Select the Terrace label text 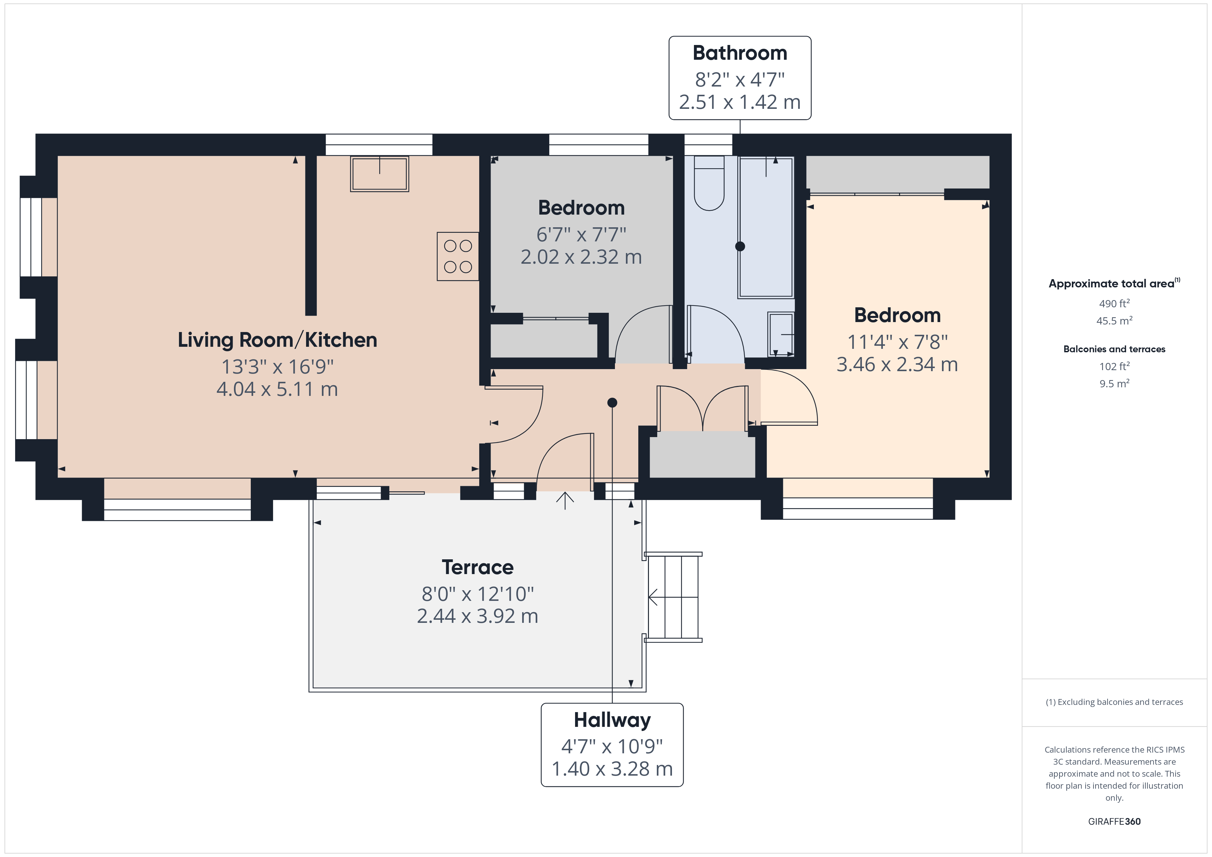(477, 567)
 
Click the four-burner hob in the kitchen (458, 256)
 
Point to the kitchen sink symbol (380, 174)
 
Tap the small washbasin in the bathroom (781, 334)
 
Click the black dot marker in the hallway (612, 403)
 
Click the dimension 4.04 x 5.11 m (277, 389)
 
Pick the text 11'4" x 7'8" (897, 342)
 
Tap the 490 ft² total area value (1114, 304)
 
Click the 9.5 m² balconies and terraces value (1114, 384)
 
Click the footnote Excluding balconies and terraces (1114, 702)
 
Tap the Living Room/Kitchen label (277, 340)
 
